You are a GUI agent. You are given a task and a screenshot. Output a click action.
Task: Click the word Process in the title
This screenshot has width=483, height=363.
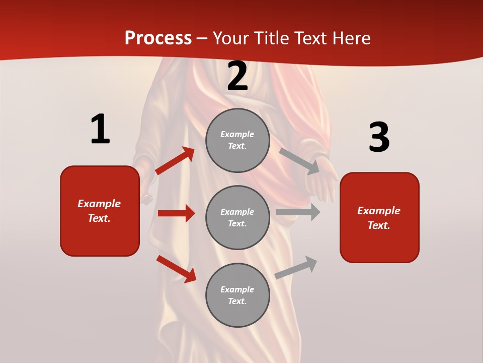tap(158, 38)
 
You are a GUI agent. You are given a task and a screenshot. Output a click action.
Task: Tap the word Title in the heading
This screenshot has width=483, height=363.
tap(271, 38)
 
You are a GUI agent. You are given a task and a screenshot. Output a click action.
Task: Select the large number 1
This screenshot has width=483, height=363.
tap(100, 129)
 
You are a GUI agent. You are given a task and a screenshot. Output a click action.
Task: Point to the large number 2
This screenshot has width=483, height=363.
tap(237, 77)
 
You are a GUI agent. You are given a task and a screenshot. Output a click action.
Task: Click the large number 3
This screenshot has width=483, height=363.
tap(379, 138)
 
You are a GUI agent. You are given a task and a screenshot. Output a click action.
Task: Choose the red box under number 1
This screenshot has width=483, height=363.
tap(100, 211)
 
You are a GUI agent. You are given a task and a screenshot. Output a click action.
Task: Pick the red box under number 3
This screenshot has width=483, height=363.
tap(379, 217)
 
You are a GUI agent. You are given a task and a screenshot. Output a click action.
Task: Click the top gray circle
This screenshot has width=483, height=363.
tap(237, 140)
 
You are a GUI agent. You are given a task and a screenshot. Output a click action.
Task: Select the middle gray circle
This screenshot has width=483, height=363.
tap(237, 217)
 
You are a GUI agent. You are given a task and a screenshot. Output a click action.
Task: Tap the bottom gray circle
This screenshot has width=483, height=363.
tap(237, 295)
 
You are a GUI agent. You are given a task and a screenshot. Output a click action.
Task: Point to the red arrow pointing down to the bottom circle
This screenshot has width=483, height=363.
tap(176, 269)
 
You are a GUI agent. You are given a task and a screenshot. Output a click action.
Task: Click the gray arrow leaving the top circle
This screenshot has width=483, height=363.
tap(300, 161)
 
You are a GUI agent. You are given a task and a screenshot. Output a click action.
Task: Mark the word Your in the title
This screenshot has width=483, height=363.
tap(232, 38)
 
